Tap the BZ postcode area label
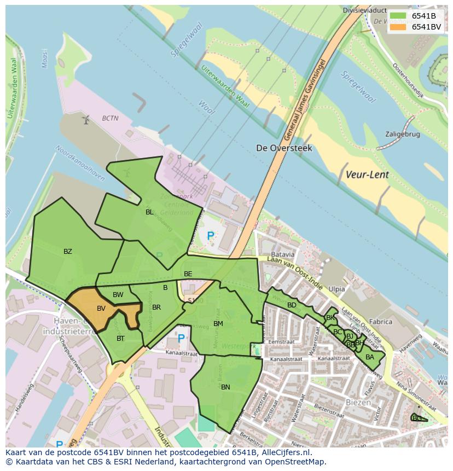68,252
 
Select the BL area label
149,212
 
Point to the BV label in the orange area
101,309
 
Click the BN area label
225,387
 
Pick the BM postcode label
218,324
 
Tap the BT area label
120,339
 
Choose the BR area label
156,307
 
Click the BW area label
118,295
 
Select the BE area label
188,274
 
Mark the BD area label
292,305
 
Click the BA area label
370,357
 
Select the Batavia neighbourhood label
283,254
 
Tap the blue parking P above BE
211,236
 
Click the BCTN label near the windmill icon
110,118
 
